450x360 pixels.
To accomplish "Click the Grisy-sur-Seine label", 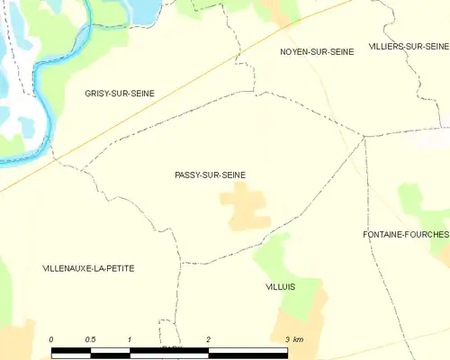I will tap(120, 93).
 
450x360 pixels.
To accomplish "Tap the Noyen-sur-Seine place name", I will tap(316, 52).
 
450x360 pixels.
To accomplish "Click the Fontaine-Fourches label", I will tap(405, 234).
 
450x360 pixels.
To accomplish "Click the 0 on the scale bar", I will tap(51, 338).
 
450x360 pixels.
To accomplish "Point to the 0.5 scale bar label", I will tap(90, 338).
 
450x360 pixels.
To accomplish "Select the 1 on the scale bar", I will tap(130, 338).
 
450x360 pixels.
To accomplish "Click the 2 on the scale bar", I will tap(209, 338).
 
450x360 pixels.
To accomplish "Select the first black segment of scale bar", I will tap(71, 349).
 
